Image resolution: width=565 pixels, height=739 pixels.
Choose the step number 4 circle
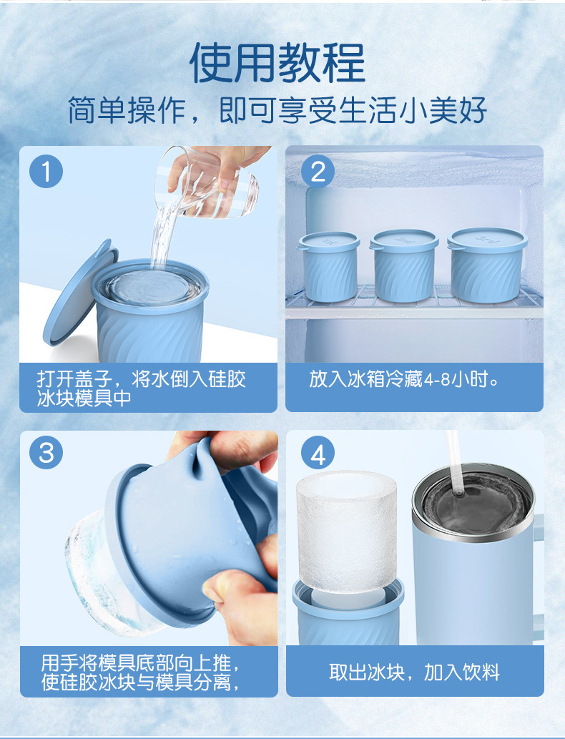pos(318,454)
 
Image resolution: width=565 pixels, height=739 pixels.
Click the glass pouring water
pos(207,184)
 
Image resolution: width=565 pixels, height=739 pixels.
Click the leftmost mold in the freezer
pos(328,266)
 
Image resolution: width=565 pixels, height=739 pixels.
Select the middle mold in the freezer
pos(404,265)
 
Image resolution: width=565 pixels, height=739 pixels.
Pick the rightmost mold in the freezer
pos(487,265)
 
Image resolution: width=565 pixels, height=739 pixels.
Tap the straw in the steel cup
pos(454,462)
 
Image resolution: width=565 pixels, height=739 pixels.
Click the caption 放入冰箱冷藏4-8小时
pos(404,379)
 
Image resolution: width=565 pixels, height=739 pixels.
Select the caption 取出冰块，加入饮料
pos(414,672)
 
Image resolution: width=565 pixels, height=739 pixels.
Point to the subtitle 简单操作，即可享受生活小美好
pos(277,111)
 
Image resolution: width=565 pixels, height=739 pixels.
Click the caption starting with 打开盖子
pos(142,388)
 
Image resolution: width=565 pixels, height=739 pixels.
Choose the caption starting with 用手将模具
pos(140,672)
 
